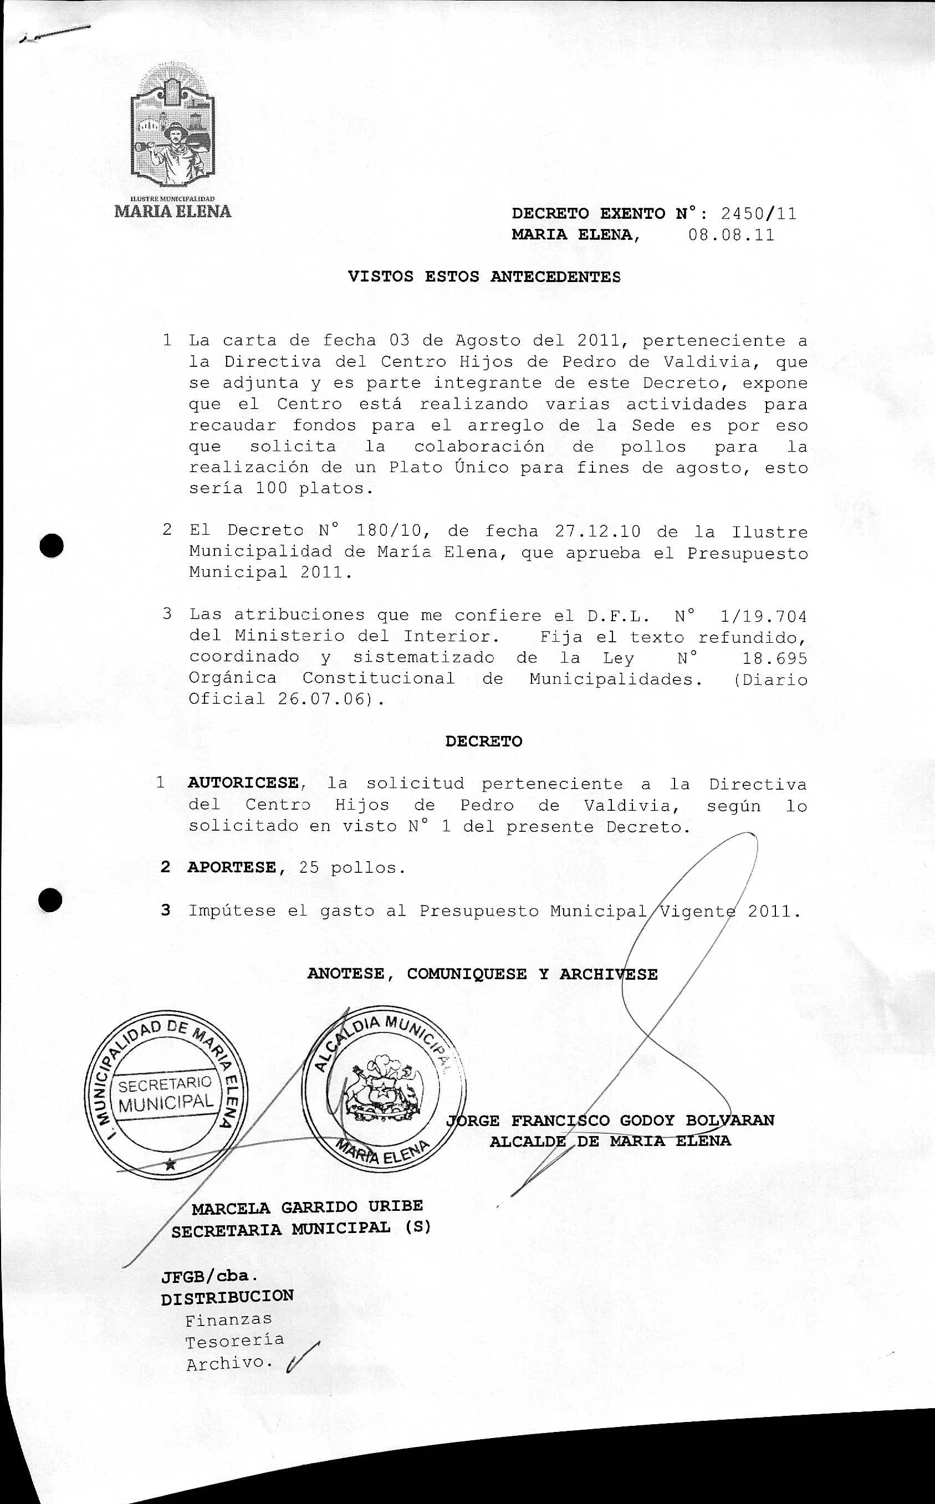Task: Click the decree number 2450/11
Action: click(759, 214)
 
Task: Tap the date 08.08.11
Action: click(731, 236)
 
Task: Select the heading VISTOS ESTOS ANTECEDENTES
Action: click(484, 277)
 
